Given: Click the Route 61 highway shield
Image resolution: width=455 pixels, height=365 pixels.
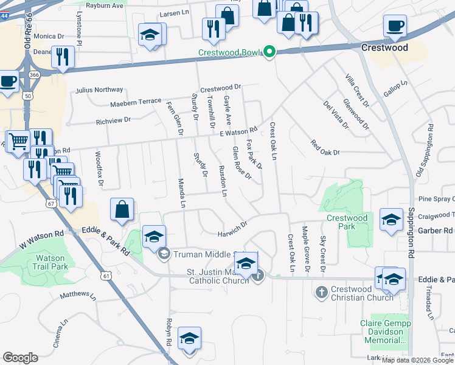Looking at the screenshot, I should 107,276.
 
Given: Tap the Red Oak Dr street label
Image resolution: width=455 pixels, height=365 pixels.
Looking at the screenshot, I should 325,148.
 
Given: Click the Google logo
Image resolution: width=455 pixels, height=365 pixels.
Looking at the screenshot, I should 20,358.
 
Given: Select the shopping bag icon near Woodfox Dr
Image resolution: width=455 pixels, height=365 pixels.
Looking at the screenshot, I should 122,210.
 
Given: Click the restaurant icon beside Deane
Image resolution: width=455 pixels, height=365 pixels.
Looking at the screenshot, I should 63,58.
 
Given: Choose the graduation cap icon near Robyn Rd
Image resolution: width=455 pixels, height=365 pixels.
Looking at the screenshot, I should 189,338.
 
